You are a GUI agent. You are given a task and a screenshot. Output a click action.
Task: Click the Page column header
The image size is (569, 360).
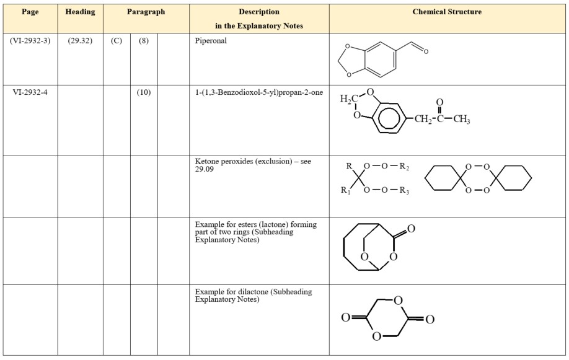pyautogui.click(x=30, y=12)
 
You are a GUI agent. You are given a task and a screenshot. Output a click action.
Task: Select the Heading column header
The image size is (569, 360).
pyautogui.click(x=80, y=12)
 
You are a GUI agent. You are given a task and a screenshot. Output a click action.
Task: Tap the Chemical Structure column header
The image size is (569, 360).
pyautogui.click(x=447, y=12)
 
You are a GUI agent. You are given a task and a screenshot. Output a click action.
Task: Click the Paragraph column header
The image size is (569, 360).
pyautogui.click(x=146, y=12)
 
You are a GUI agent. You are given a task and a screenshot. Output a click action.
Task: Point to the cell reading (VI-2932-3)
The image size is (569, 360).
pyautogui.click(x=30, y=41)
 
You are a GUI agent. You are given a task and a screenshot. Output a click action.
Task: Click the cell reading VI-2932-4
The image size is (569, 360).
pyautogui.click(x=30, y=92)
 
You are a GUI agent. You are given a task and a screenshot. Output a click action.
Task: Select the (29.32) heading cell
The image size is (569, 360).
pyautogui.click(x=80, y=41)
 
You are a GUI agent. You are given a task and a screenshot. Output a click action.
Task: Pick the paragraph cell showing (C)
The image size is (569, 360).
pyautogui.click(x=117, y=41)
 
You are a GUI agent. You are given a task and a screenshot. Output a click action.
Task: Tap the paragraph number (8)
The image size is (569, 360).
pyautogui.click(x=144, y=41)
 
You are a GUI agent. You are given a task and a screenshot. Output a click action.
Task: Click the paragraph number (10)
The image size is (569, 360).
pyautogui.click(x=144, y=92)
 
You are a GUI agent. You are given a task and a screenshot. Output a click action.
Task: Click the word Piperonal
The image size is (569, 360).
pyautogui.click(x=211, y=41)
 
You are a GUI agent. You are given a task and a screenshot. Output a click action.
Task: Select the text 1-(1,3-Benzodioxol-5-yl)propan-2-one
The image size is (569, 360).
pyautogui.click(x=258, y=92)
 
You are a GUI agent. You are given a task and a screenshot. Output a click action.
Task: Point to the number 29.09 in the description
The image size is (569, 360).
pyautogui.click(x=205, y=169)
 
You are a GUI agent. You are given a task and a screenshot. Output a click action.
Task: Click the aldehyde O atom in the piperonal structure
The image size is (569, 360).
pyautogui.click(x=426, y=51)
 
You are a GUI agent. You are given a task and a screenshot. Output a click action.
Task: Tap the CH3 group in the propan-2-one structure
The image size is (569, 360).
pyautogui.click(x=462, y=119)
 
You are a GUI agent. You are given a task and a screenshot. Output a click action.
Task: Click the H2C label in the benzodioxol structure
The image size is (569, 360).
pyautogui.click(x=349, y=99)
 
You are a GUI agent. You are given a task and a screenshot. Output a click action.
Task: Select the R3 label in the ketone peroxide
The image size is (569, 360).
pyautogui.click(x=404, y=190)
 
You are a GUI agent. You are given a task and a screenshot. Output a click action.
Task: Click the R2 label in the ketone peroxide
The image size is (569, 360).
pyautogui.click(x=404, y=167)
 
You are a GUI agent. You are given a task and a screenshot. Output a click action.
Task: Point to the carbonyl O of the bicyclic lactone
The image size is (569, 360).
pyautogui.click(x=411, y=229)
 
